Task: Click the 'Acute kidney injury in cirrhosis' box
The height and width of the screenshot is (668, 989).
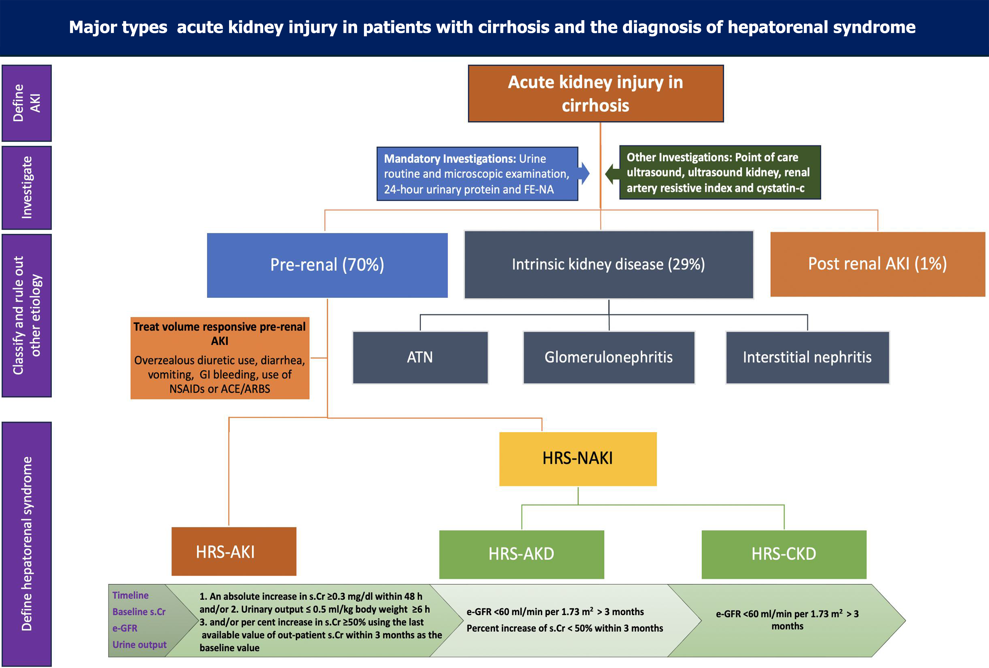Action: click(x=595, y=94)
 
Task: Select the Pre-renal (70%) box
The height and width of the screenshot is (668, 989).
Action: click(x=327, y=265)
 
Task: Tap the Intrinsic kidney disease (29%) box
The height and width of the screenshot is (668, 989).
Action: click(x=609, y=265)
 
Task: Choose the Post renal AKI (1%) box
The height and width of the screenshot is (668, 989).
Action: click(x=877, y=264)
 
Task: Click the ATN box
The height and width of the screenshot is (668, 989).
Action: click(x=420, y=357)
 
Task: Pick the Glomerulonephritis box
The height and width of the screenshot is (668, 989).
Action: click(x=609, y=357)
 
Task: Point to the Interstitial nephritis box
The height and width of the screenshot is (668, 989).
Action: click(x=807, y=357)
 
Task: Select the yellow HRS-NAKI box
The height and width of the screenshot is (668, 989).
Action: click(x=577, y=458)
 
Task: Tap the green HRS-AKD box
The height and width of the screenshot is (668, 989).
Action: click(x=521, y=554)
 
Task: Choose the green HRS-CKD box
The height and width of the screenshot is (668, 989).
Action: click(x=784, y=554)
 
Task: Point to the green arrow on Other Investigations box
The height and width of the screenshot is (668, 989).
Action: click(x=612, y=173)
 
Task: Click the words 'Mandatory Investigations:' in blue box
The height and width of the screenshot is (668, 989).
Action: click(x=450, y=159)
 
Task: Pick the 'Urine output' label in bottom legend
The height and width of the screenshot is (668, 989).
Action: click(x=139, y=645)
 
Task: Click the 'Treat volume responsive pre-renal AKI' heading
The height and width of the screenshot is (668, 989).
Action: click(x=220, y=333)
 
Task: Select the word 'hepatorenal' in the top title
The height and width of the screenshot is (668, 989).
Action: click(x=778, y=27)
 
